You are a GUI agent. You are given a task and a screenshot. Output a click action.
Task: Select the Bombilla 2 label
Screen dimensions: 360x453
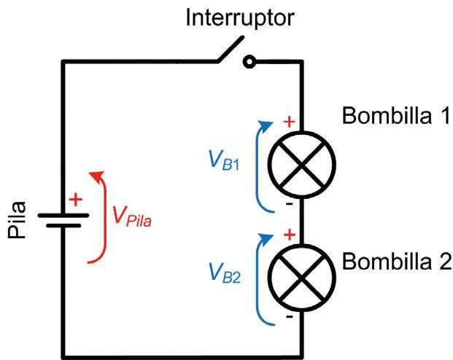[x=398, y=261]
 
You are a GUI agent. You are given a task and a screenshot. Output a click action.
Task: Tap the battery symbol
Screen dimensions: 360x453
[x=64, y=220]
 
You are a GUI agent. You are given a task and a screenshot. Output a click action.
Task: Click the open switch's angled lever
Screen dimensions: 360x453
[x=228, y=50]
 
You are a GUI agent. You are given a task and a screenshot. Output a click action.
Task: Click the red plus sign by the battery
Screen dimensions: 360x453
[x=75, y=199]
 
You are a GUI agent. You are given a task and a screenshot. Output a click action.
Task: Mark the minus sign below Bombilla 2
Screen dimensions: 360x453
[x=290, y=318]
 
